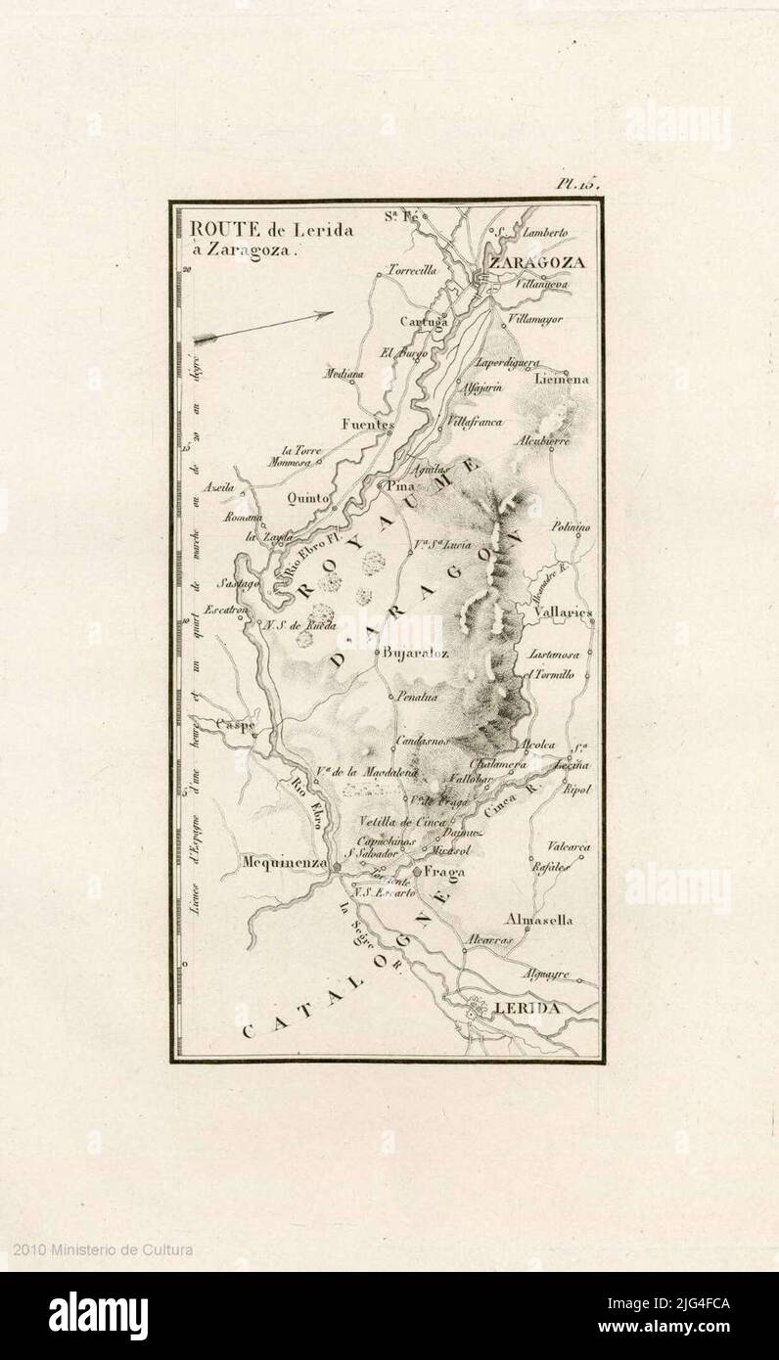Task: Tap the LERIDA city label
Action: pos(527,1008)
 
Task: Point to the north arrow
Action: pos(263,326)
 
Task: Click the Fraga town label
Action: pos(444,872)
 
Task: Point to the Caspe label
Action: pos(235,725)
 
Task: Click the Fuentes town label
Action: pos(367,425)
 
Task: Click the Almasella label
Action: pos(539,920)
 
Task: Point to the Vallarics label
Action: pos(565,612)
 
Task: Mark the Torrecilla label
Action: pos(412,270)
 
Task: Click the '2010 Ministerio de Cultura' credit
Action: pos(103,1249)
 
